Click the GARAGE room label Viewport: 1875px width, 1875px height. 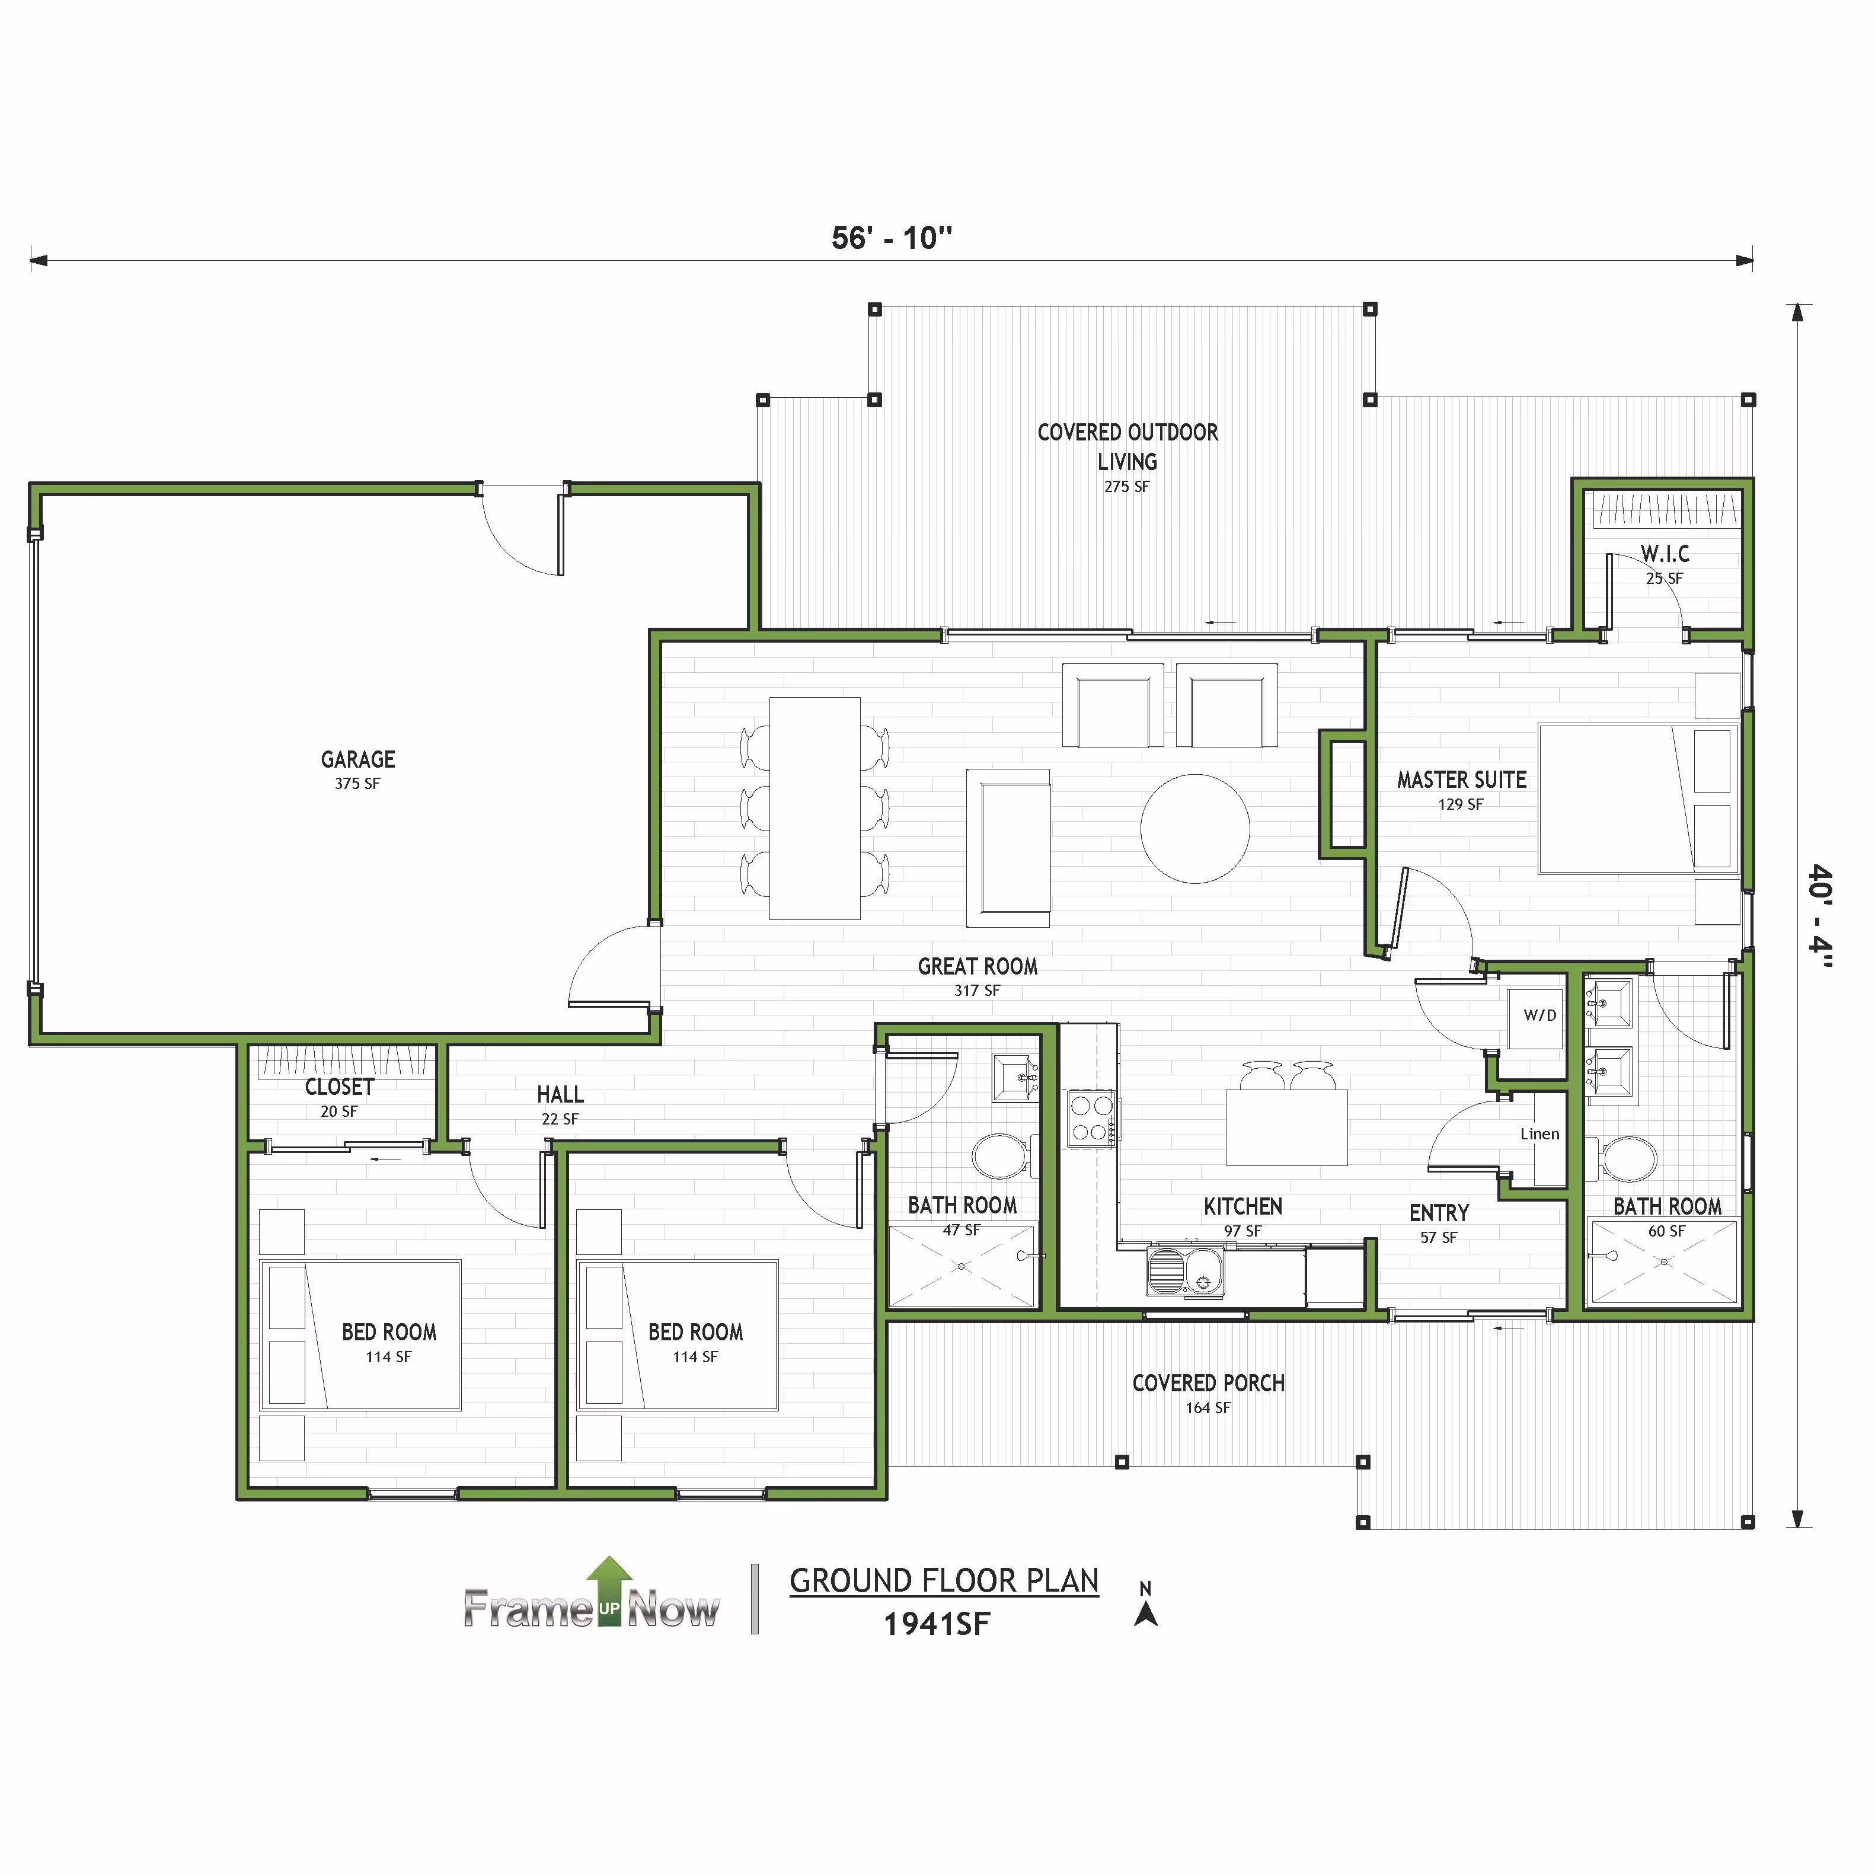pos(358,760)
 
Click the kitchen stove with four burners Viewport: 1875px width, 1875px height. pos(1092,1119)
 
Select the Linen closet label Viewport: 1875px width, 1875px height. pos(1540,1133)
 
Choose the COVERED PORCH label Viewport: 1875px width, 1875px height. pos(1208,1383)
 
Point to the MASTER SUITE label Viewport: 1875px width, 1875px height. pos(1462,780)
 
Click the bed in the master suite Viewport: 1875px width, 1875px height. pos(1639,798)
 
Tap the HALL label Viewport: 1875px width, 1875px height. pos(560,1095)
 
